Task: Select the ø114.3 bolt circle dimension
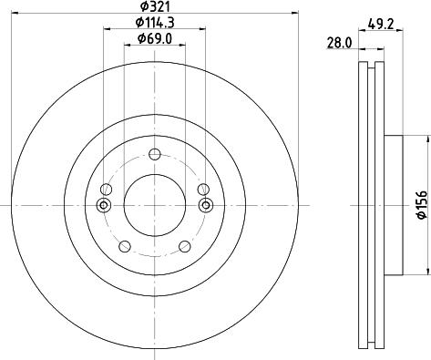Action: coord(153,22)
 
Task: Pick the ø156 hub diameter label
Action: coord(421,205)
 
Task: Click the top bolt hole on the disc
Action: coord(154,153)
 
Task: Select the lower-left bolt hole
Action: coord(124,246)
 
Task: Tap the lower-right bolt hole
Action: coord(185,246)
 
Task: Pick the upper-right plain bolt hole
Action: coord(203,189)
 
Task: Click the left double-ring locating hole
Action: coord(104,205)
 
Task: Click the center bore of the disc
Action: coord(154,205)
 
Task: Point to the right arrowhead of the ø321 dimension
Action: coord(295,13)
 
